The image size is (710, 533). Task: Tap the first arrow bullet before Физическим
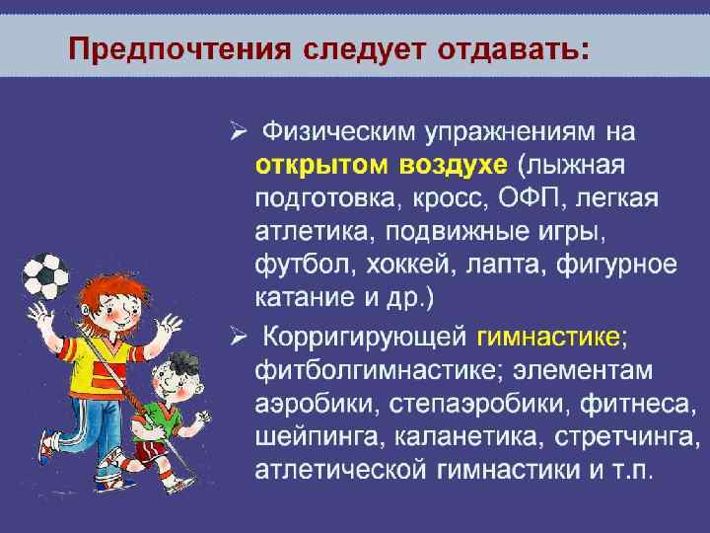pos(237,128)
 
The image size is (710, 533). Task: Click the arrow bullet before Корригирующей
pos(237,339)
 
